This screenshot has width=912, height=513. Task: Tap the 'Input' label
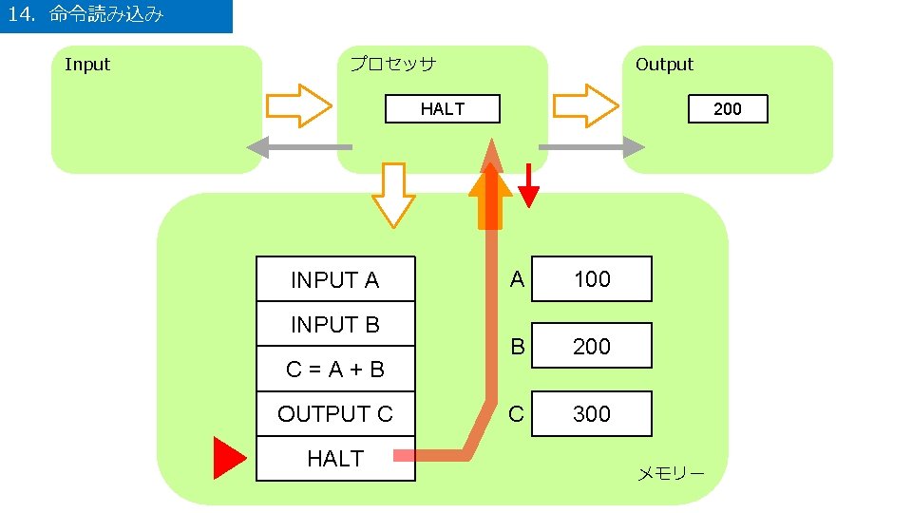pyautogui.click(x=87, y=65)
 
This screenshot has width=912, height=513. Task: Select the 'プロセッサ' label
pyautogui.click(x=392, y=65)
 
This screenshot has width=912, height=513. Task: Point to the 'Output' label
pyautogui.click(x=664, y=65)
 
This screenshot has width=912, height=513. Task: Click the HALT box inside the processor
pyautogui.click(x=442, y=109)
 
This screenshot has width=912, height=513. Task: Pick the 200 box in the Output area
pyautogui.click(x=727, y=109)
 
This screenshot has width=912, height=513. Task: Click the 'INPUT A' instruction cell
pyautogui.click(x=335, y=279)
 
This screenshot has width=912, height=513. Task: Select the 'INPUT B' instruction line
pyautogui.click(x=335, y=325)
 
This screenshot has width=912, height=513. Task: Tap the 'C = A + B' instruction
pyautogui.click(x=335, y=370)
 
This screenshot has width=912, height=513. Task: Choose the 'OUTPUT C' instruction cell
pyautogui.click(x=335, y=414)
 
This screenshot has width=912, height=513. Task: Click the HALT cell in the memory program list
pyautogui.click(x=335, y=459)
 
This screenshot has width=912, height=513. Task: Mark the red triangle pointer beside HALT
pyautogui.click(x=228, y=458)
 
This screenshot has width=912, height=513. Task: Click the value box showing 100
pyautogui.click(x=592, y=278)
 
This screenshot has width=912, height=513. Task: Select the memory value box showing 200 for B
pyautogui.click(x=592, y=346)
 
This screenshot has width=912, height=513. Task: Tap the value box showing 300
pyautogui.click(x=592, y=413)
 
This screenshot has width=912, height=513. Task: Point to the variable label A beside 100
pyautogui.click(x=517, y=278)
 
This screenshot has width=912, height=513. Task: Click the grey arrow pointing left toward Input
pyautogui.click(x=298, y=147)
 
